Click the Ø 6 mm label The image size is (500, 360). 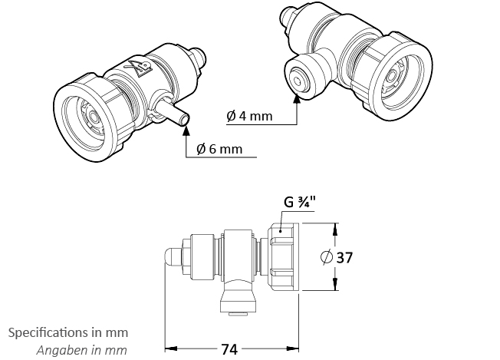(x=219, y=149)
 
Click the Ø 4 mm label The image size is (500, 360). (x=250, y=116)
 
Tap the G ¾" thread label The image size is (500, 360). (x=299, y=203)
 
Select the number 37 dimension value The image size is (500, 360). (x=344, y=257)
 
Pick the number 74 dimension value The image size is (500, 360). (x=229, y=349)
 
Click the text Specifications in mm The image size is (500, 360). (x=68, y=332)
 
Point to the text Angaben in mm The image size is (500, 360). (x=81, y=350)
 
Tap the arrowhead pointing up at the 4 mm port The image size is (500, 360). (x=297, y=97)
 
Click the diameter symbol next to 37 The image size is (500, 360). (x=327, y=257)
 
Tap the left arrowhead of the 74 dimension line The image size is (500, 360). (x=170, y=348)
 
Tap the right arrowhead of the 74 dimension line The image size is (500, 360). (x=293, y=348)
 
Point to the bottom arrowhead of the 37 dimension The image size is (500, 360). (x=335, y=284)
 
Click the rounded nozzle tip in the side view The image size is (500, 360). (x=173, y=256)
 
